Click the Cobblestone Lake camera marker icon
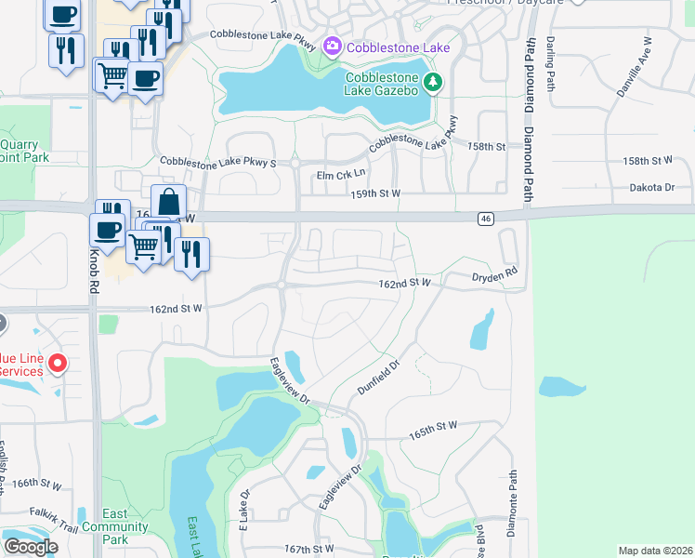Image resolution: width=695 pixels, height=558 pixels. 332,46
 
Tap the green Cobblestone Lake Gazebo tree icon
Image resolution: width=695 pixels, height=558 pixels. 432,84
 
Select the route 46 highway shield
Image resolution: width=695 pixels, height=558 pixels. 486,219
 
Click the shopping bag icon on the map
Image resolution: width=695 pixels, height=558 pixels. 169,201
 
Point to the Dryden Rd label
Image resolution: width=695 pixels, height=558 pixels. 492,276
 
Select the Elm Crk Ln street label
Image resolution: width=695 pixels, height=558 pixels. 341,174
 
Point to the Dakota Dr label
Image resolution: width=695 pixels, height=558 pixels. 656,187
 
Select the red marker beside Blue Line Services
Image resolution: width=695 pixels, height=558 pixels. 57,363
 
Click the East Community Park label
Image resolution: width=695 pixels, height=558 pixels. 115,526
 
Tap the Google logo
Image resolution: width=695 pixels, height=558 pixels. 31,547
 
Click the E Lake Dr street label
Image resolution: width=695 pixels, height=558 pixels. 244,510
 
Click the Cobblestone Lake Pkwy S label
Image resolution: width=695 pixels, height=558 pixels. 218,163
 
